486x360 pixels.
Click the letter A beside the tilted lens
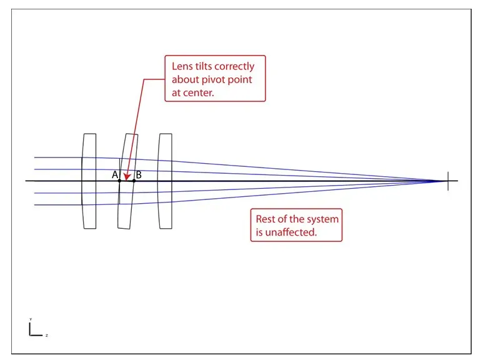pos(115,175)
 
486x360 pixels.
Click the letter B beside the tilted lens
pos(139,175)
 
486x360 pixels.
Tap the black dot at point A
pos(119,181)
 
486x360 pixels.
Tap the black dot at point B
pos(134,181)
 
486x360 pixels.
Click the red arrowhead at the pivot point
pos(126,177)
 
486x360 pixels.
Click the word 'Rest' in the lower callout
pos(267,219)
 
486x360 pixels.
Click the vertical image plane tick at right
pos(448,181)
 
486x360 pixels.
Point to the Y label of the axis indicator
pos(30,319)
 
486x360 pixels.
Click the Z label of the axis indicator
pos(47,336)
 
